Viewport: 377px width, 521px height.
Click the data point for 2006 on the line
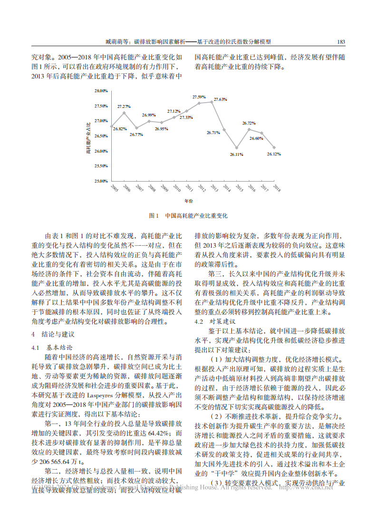(x=124, y=113)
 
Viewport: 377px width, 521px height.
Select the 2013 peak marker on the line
(x=212, y=102)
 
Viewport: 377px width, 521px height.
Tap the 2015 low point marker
(x=236, y=148)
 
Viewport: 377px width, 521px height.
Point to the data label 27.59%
(x=199, y=97)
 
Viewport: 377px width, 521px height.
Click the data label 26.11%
(x=236, y=154)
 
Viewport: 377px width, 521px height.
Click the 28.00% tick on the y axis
(x=101, y=90)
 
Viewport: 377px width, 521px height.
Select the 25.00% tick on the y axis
(x=101, y=181)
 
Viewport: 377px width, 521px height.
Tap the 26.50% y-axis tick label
(x=101, y=136)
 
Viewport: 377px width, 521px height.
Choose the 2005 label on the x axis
(x=115, y=188)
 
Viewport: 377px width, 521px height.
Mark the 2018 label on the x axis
(x=277, y=188)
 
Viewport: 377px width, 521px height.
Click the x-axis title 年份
(x=189, y=202)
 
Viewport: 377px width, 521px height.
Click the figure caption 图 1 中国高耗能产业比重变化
(x=188, y=215)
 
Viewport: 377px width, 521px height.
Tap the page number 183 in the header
(x=340, y=42)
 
